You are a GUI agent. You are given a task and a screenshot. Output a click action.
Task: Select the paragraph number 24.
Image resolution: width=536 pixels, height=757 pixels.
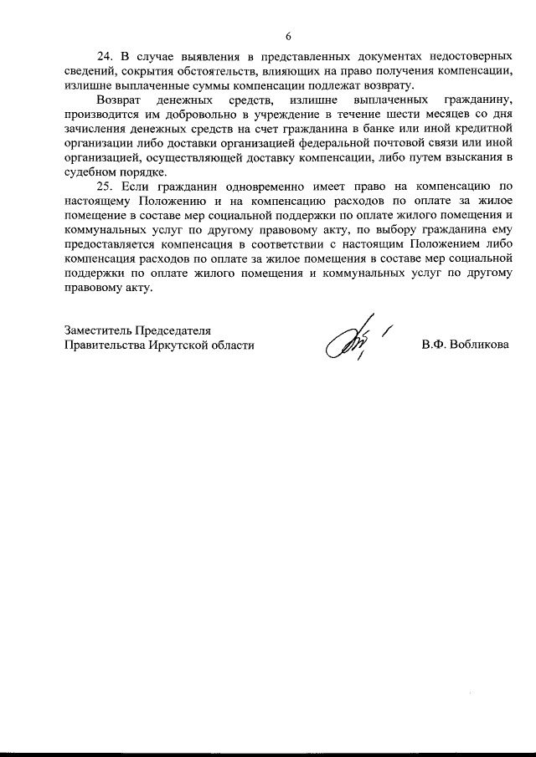point(105,57)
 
